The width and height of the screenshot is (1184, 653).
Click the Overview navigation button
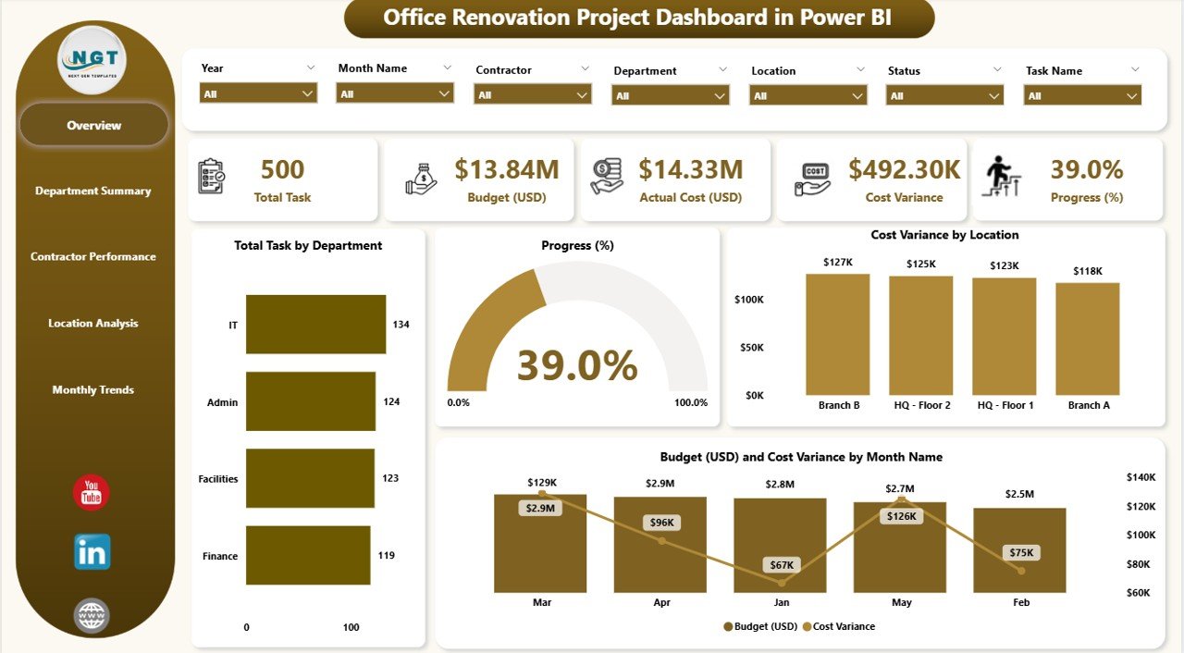pos(93,125)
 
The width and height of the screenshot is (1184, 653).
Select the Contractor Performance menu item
pos(93,257)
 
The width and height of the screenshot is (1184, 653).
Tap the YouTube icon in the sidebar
pos(92,493)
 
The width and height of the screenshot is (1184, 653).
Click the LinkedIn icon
pos(92,552)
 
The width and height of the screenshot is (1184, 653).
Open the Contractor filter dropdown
pos(532,94)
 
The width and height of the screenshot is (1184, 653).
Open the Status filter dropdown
pos(944,95)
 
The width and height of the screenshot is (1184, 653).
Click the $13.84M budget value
pos(507,169)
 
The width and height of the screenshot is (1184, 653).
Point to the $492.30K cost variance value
pos(904,169)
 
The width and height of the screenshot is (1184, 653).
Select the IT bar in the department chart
pos(315,325)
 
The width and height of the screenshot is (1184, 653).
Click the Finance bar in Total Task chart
pos(308,556)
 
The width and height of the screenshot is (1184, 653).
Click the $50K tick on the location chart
pos(749,348)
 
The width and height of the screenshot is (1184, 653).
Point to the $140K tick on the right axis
pos(1141,477)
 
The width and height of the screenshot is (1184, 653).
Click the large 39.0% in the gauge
pos(577,365)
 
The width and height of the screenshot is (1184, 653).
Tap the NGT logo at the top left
pos(92,59)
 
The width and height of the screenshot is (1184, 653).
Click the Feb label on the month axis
pos(1020,602)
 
